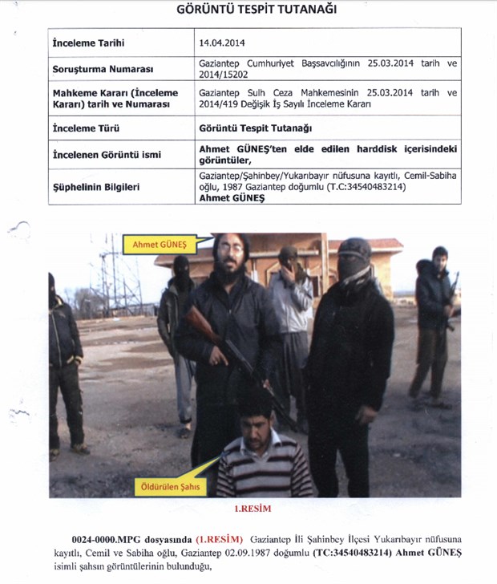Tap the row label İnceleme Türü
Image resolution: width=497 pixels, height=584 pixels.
(84, 128)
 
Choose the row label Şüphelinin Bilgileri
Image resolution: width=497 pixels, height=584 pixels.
(95, 187)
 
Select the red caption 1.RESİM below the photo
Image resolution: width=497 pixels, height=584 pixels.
(255, 509)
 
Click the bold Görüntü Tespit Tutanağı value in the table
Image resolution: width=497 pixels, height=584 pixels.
(255, 128)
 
